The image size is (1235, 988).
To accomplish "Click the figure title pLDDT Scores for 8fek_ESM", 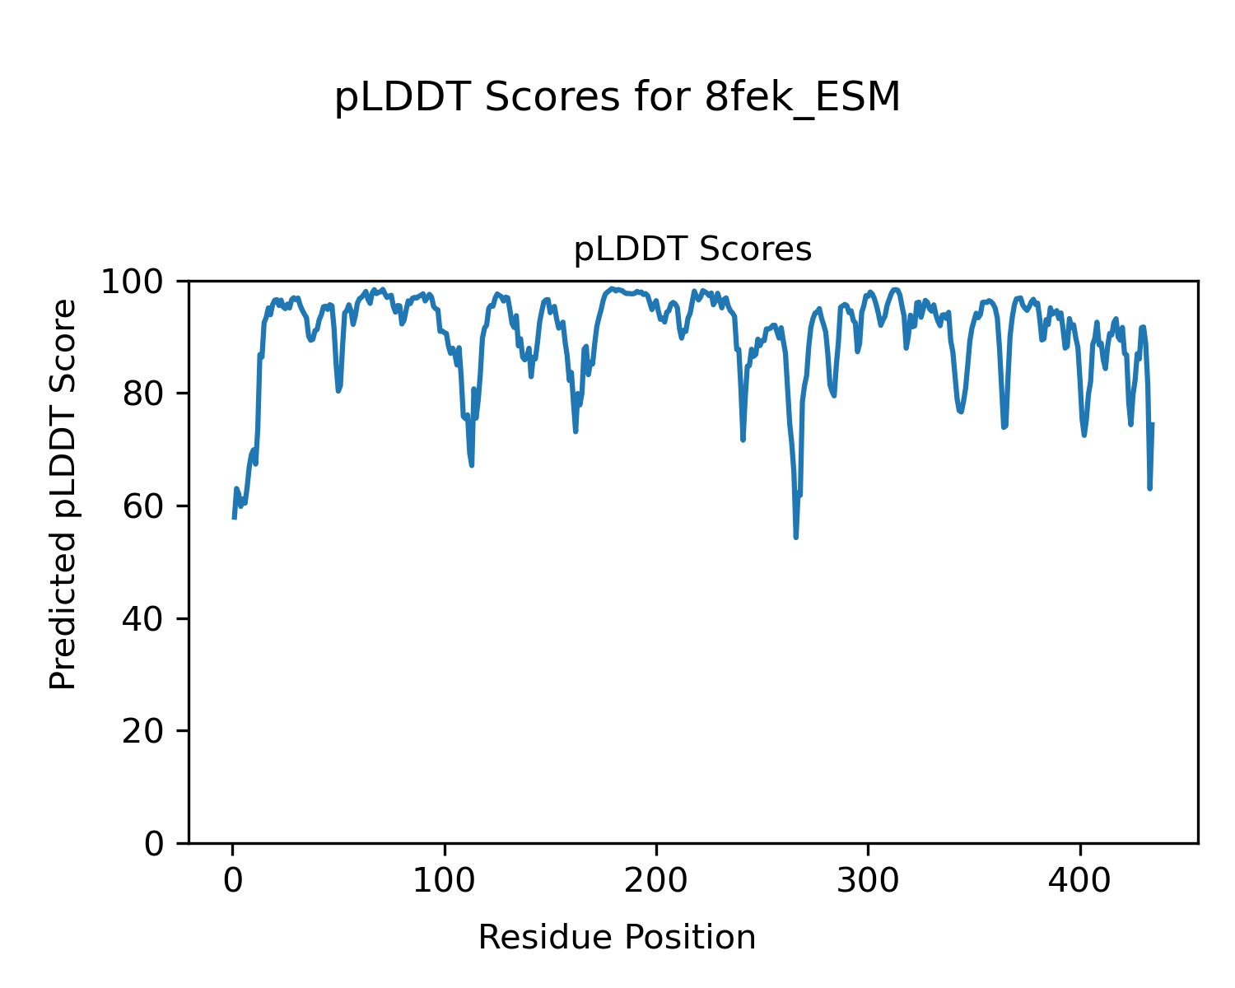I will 617,98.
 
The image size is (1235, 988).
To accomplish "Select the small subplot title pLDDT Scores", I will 692,249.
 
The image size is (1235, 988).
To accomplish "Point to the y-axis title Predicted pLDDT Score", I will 63,494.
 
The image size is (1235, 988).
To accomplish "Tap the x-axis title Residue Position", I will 617,938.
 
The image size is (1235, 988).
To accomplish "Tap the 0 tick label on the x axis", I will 233,880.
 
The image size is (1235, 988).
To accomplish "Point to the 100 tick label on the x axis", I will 445,880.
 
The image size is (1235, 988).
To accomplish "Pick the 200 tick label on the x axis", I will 656,880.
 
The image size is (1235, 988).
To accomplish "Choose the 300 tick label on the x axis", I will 868,880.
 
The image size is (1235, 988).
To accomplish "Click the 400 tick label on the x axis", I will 1079,880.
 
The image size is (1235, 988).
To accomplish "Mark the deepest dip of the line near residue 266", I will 796,537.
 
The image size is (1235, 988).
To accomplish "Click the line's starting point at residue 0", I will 234,518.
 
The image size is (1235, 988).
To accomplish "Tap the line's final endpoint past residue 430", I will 1153,424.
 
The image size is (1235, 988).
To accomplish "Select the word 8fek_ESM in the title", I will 803,98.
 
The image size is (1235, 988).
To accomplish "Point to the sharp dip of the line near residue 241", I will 743,440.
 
